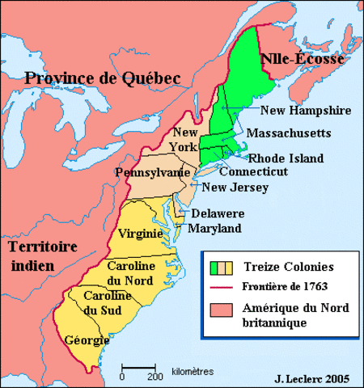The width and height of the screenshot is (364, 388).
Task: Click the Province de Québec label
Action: (x=101, y=78)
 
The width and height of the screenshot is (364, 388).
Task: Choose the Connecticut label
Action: (x=253, y=172)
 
